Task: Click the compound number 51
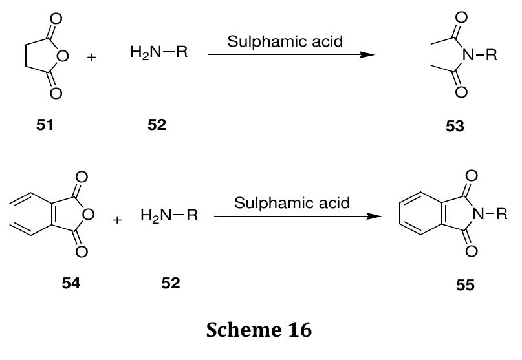(45, 125)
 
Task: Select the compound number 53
(455, 126)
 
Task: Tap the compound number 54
(71, 283)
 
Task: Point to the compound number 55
(464, 285)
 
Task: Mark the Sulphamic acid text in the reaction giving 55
(292, 203)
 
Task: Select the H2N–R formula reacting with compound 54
(168, 215)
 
